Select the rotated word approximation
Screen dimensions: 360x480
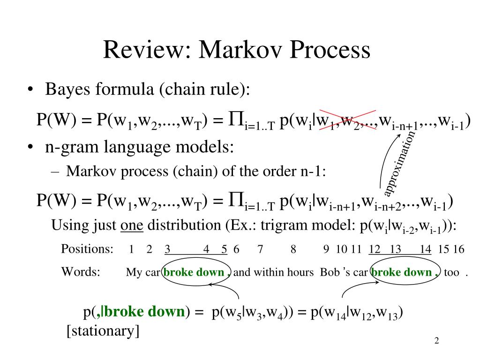pyautogui.click(x=399, y=164)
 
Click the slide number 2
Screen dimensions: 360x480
pyautogui.click(x=436, y=341)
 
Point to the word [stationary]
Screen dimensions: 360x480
pyautogui.click(x=103, y=331)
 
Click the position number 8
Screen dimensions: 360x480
pyautogui.click(x=293, y=249)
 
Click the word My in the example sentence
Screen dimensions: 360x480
pyautogui.click(x=134, y=273)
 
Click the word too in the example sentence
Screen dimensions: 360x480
pyautogui.click(x=451, y=273)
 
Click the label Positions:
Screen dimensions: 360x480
pyautogui.click(x=87, y=249)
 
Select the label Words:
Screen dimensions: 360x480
pyautogui.click(x=81, y=272)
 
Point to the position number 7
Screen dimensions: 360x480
pyautogui.click(x=260, y=249)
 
